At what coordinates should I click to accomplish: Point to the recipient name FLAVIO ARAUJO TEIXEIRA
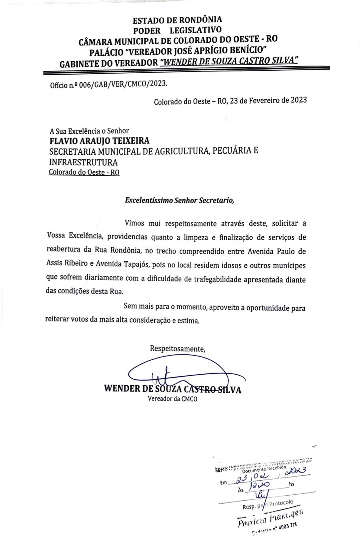coord(100,141)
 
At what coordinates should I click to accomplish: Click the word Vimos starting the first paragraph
coord(136,223)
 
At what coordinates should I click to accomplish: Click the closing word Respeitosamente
coord(177,349)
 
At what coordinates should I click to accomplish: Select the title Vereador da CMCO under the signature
coord(172,399)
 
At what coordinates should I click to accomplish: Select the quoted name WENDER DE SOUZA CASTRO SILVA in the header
coord(229,60)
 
